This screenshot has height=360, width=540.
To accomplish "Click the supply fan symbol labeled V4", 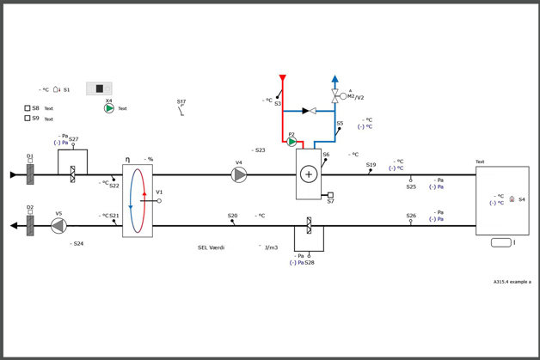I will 239,175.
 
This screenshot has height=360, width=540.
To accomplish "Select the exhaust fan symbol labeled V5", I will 58,226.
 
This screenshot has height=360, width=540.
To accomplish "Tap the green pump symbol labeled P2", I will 292,142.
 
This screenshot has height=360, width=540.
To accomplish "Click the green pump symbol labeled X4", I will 109,108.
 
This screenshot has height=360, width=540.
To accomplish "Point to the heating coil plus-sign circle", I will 309,174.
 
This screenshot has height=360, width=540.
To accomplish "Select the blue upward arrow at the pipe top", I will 335,80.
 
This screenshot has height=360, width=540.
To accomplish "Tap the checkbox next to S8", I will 28,108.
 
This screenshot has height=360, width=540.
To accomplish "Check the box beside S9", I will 28,119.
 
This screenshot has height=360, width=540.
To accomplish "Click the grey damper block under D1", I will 30,175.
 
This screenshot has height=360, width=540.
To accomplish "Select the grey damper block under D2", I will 30,226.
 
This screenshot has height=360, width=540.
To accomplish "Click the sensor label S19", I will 371,165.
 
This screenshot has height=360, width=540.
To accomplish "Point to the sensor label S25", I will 411,186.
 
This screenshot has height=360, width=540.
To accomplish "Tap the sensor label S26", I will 411,216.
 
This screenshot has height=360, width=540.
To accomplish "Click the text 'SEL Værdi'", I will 211,247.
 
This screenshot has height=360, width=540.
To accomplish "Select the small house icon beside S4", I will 512,199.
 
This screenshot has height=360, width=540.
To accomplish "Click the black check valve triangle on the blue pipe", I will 305,111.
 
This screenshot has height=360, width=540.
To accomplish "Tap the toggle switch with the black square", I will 99,88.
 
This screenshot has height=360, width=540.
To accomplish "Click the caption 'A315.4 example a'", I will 512,282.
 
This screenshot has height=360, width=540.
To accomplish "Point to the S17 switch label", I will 181,101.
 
